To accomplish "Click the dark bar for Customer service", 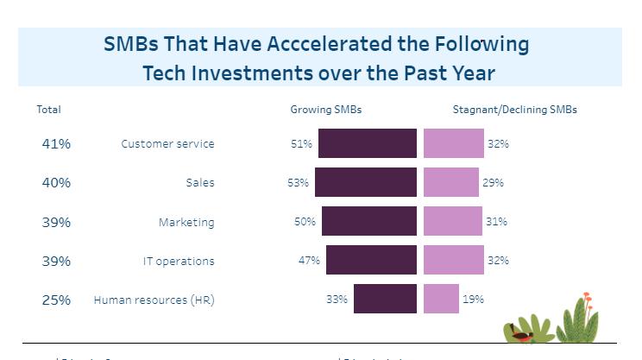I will [368, 143].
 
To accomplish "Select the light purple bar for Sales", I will [450, 182].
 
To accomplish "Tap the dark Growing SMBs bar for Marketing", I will [369, 222].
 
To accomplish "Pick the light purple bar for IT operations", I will [453, 261].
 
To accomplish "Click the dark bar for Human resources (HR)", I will [385, 300].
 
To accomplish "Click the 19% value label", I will [473, 300].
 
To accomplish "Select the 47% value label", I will [310, 261].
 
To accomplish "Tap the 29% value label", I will [493, 183].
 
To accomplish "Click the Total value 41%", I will [56, 144].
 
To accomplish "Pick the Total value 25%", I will [56, 300].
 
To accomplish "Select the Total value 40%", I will [56, 183].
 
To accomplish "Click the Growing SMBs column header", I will [326, 111].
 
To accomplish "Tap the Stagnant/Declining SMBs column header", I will [514, 111].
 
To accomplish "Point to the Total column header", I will [48, 111].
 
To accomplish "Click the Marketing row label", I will [186, 223].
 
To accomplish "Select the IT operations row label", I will [179, 262].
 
